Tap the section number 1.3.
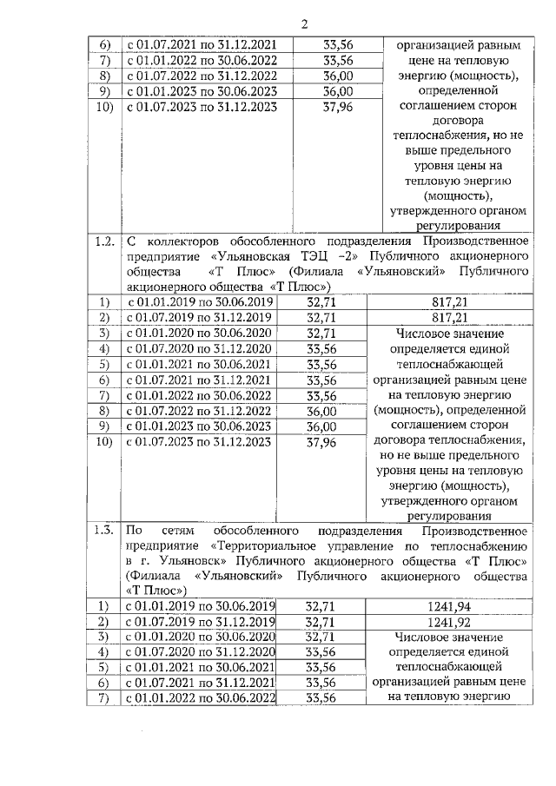[104, 531]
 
